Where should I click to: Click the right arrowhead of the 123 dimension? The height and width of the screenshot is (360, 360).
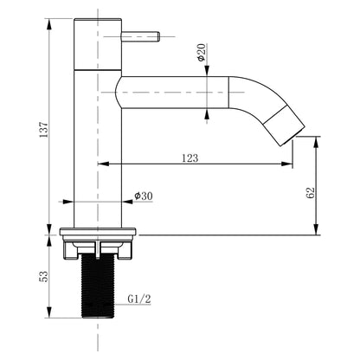point(289,164)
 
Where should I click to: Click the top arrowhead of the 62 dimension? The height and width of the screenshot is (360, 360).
point(318,138)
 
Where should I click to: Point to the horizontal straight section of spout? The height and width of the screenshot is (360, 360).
point(173,89)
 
